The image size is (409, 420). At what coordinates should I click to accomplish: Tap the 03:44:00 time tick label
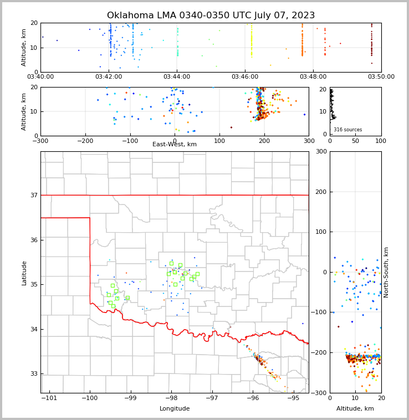177,77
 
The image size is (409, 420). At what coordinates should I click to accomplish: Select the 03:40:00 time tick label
40,77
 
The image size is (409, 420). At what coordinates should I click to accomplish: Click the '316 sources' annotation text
347,130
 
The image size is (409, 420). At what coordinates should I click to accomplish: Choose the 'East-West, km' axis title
175,145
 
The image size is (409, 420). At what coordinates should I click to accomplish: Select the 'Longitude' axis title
175,409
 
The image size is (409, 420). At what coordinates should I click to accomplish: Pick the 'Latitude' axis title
24,273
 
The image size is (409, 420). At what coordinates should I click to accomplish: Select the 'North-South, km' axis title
386,273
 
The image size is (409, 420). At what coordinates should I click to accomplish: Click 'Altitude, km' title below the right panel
355,409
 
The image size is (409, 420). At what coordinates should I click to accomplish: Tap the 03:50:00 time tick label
381,77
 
